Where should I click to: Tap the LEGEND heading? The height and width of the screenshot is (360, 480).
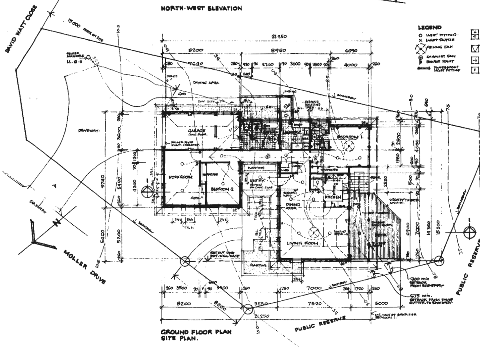430,27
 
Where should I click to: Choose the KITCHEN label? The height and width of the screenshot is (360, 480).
333,197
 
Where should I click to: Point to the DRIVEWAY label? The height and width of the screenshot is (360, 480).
88,131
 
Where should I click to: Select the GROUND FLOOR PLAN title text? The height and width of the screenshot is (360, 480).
196,332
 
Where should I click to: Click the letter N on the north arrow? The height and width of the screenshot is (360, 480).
57,223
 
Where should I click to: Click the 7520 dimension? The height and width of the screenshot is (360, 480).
316,303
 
